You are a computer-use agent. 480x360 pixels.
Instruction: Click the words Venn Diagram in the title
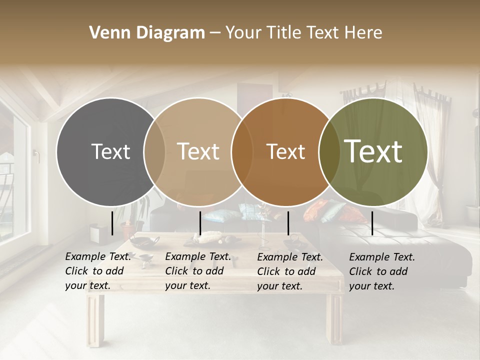146,33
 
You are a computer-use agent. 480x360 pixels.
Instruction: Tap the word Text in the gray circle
110,151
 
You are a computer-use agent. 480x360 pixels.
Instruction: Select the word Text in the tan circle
198,151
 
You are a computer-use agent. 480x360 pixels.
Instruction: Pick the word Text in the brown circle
285,151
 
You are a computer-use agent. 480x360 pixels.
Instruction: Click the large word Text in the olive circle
373,151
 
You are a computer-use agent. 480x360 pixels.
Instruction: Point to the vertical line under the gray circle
112,222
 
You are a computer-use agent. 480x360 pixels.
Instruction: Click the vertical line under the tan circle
200,223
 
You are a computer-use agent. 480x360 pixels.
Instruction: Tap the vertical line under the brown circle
288,223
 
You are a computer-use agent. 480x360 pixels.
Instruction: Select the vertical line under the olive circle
372,223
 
